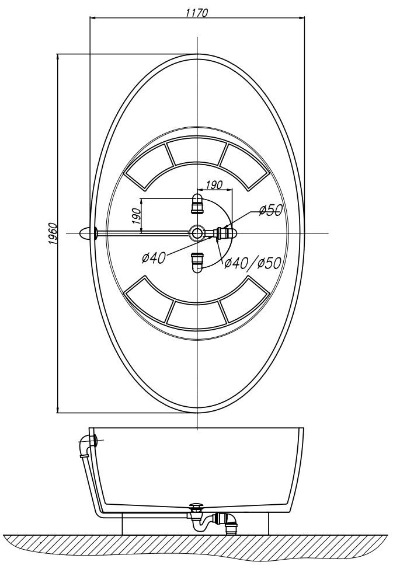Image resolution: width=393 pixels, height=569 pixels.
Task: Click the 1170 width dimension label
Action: (x=196, y=13)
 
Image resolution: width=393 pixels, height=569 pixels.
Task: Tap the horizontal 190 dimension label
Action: (x=214, y=185)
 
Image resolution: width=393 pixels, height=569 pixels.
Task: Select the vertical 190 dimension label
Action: (x=136, y=217)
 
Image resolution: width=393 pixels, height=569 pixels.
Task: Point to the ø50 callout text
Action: (x=270, y=210)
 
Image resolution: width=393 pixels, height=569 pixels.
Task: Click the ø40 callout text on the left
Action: (x=154, y=257)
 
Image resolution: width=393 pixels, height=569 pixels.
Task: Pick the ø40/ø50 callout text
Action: (x=252, y=263)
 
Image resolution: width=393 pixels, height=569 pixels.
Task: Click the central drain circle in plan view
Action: (x=197, y=233)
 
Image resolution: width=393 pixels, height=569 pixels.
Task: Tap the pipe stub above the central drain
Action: (x=197, y=204)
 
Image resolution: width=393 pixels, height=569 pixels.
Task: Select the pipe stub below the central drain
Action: (x=197, y=262)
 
